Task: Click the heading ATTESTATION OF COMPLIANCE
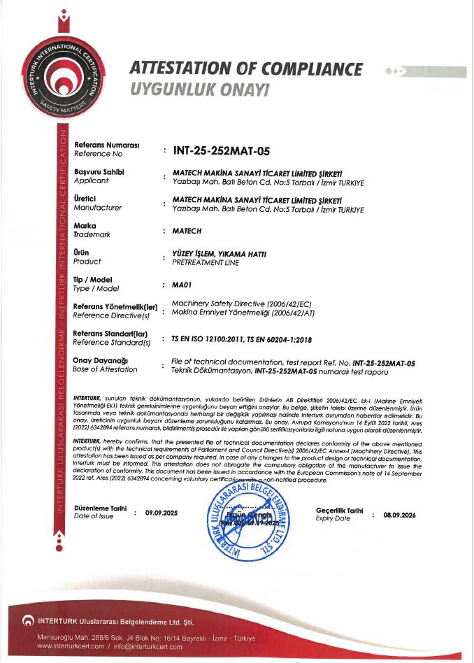click(246, 69)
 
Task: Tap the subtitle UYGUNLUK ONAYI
click(199, 91)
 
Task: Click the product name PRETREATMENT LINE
click(205, 263)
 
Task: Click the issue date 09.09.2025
click(161, 513)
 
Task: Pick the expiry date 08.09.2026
click(399, 515)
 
